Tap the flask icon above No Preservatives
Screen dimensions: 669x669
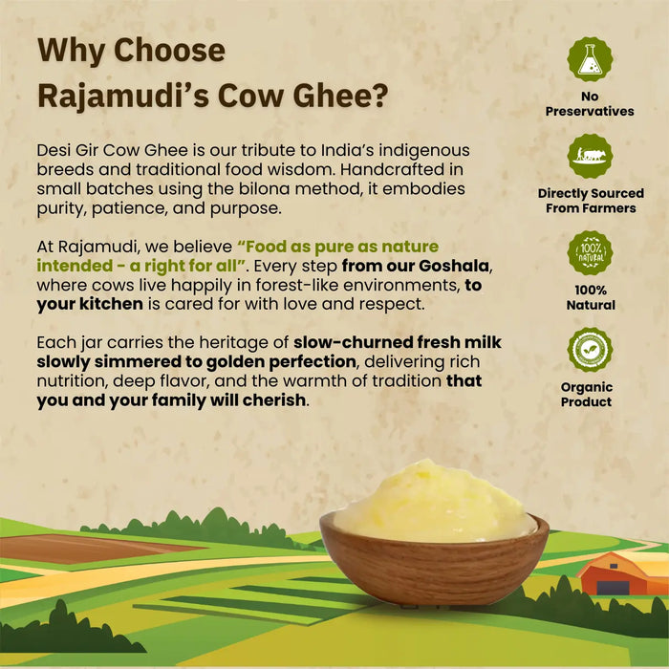pos(590,59)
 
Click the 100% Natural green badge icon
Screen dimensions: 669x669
pos(590,253)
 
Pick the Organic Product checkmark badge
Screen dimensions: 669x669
pos(590,350)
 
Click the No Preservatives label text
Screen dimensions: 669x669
pos(590,104)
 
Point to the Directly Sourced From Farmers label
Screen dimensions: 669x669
pos(590,201)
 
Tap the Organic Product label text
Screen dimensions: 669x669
pos(588,395)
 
